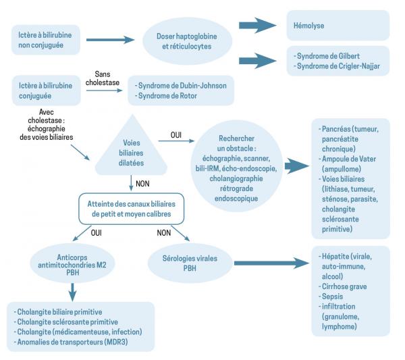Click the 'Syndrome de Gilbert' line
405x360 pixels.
coord(329,54)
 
